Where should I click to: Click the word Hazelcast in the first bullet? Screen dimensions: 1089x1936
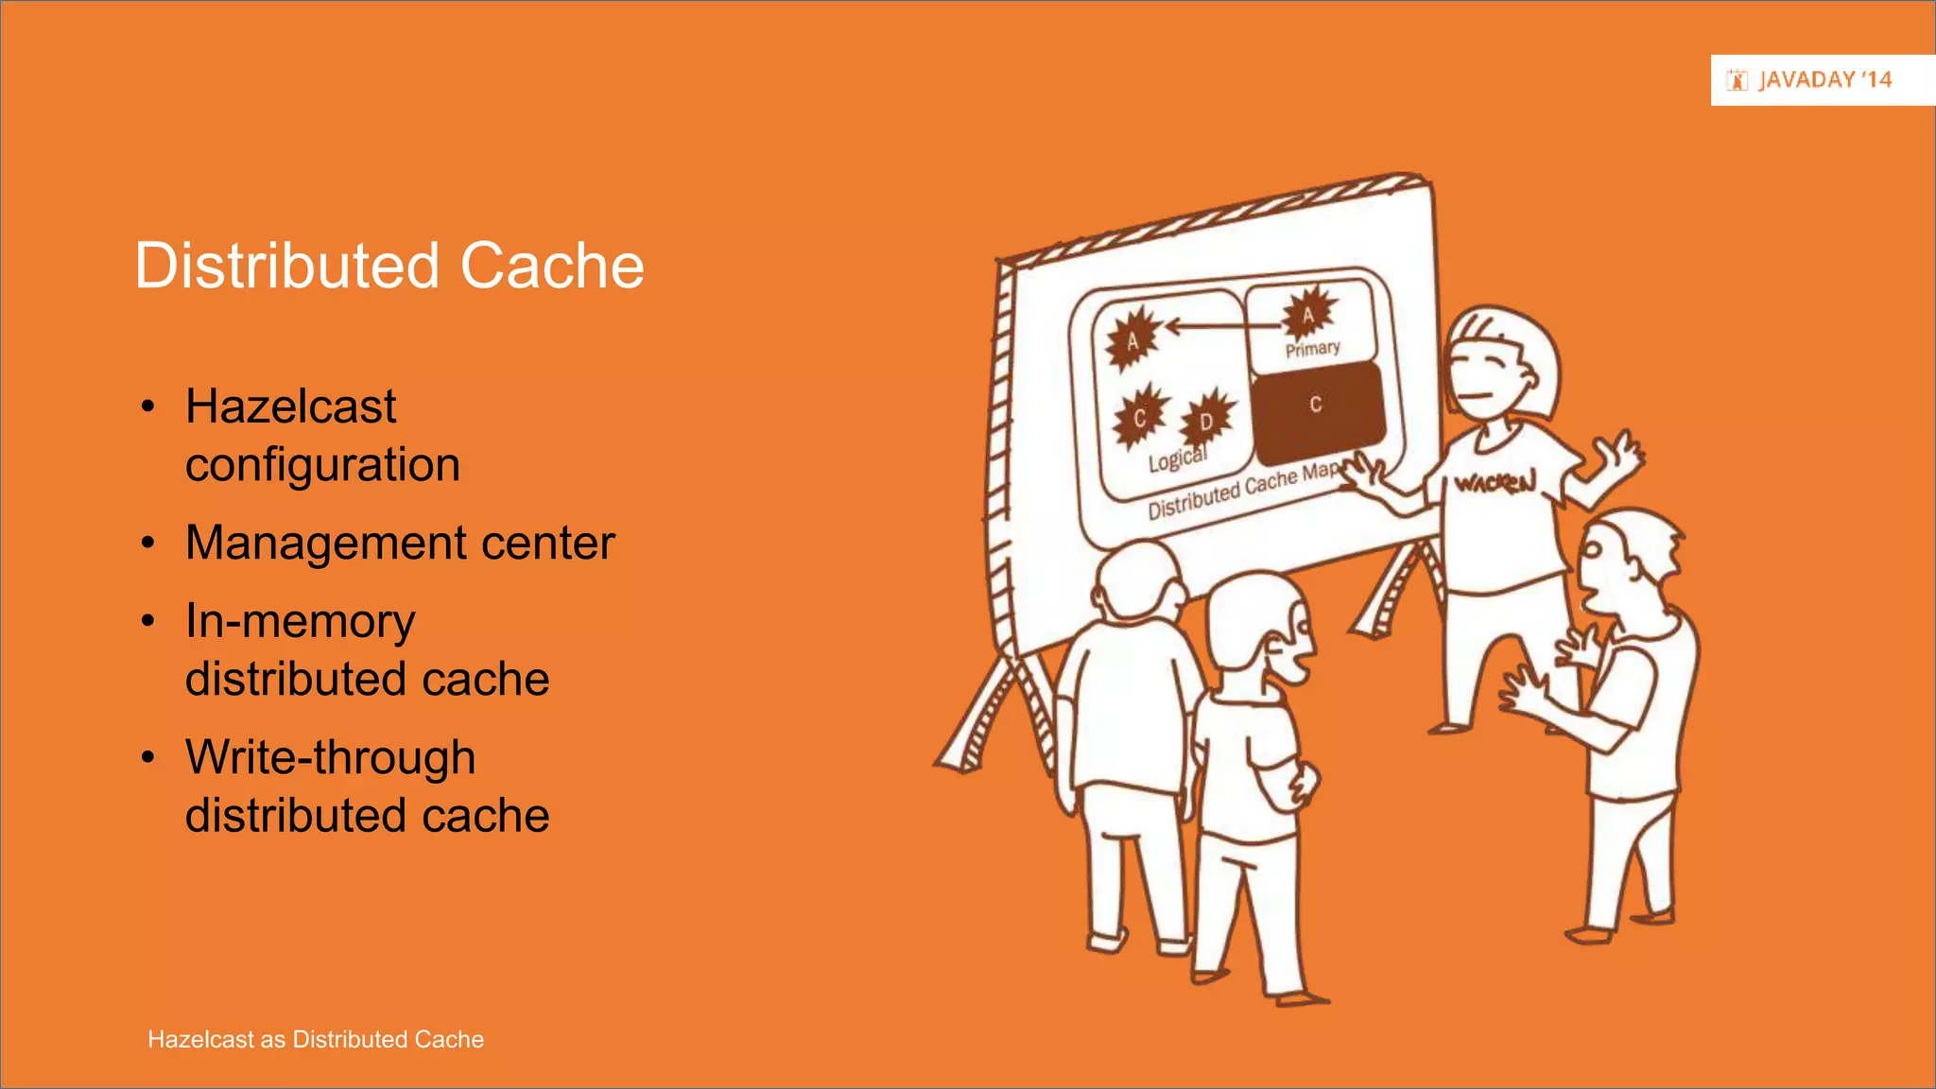[x=290, y=407]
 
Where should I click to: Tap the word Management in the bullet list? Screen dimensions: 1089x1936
[x=325, y=544]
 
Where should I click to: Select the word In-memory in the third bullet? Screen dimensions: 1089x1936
[x=300, y=622]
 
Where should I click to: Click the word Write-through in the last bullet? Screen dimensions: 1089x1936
[x=330, y=758]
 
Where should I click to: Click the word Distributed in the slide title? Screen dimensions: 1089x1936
[x=287, y=266]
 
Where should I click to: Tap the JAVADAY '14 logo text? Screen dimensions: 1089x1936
[x=1824, y=80]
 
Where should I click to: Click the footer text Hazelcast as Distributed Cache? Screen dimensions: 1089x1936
[x=316, y=1040]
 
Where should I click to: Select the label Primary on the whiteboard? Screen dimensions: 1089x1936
[x=1312, y=349]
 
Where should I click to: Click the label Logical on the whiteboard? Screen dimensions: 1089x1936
[x=1177, y=458]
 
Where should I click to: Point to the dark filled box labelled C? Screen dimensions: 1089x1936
[x=1317, y=408]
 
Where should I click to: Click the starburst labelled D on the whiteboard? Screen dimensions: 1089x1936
[x=1207, y=419]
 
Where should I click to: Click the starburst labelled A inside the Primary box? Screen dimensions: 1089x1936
[x=1308, y=315]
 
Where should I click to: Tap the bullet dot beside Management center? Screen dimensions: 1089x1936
[x=147, y=544]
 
